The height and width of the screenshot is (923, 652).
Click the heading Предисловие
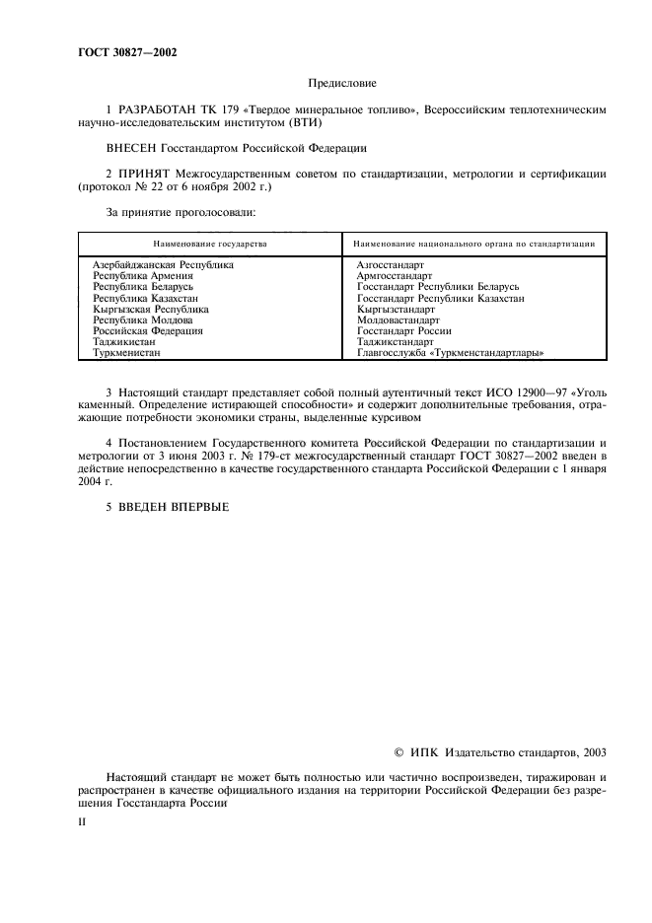click(x=342, y=85)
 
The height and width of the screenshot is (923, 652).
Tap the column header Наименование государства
click(x=209, y=243)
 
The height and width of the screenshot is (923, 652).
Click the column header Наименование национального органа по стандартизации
click(x=472, y=243)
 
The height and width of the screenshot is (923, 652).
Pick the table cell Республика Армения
click(x=143, y=276)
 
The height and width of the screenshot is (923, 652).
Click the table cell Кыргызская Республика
click(x=151, y=309)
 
